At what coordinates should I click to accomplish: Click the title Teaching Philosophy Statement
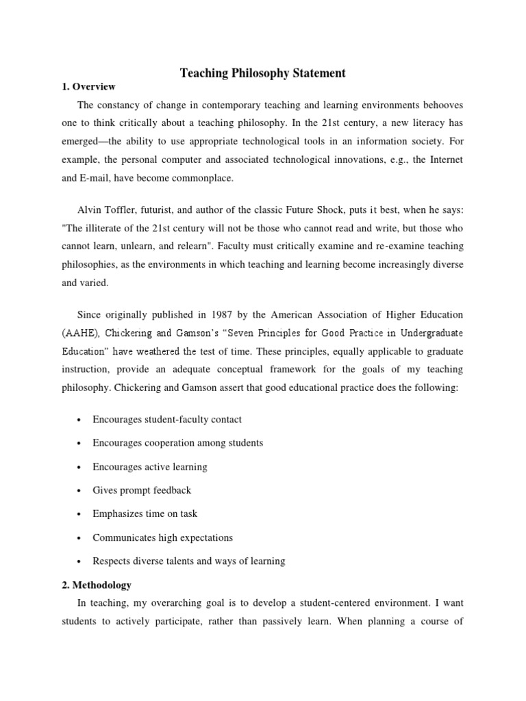pos(263,73)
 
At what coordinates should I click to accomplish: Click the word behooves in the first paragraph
pos(439,105)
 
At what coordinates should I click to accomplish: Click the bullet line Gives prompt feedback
pos(142,490)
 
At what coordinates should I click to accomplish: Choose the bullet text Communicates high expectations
pos(162,537)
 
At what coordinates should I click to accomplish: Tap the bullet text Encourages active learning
pos(149,467)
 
